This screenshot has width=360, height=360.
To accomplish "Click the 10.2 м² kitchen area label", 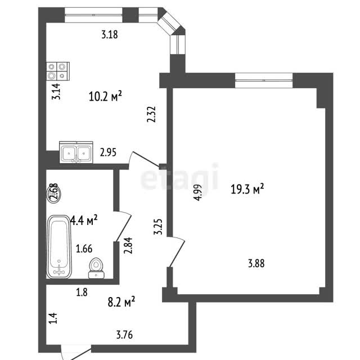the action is (105, 96).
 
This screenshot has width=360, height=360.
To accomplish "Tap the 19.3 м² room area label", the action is (247, 189).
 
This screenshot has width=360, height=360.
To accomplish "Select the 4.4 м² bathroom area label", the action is (84, 220).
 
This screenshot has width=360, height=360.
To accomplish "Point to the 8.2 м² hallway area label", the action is (121, 301).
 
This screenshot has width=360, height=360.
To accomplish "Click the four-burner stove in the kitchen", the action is (58, 71).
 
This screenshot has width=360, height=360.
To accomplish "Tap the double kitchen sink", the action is (76, 152).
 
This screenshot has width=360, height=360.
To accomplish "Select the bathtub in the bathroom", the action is (59, 247).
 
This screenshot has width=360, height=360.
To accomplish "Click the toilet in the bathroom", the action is (96, 268).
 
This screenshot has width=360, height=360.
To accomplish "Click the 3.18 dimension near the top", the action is (110, 34).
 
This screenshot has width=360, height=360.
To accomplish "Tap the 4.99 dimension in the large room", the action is (197, 192).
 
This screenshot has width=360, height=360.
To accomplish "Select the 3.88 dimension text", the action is (256, 263).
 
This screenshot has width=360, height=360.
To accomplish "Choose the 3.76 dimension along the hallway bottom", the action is (124, 335).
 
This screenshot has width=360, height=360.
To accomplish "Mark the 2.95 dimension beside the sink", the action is (108, 152).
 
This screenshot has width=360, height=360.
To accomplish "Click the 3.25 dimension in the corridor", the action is (158, 227).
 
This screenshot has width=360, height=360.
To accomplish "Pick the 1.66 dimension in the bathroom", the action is (84, 249).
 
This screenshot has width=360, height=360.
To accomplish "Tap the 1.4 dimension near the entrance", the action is (53, 318).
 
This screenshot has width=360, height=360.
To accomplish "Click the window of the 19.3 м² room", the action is (264, 80).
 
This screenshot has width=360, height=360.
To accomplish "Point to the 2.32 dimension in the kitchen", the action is (151, 114).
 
